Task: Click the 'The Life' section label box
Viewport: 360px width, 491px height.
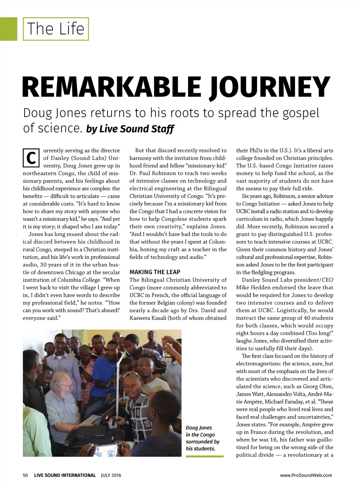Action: tap(56, 29)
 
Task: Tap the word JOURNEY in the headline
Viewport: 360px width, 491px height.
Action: tap(269, 87)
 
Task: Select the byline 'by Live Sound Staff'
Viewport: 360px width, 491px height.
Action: tap(130, 129)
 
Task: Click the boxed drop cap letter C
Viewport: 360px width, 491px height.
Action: tap(31, 158)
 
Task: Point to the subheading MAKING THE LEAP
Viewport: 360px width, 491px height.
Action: tap(155, 272)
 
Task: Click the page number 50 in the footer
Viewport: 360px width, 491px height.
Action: tap(25, 475)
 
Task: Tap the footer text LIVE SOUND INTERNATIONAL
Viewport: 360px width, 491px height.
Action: tap(65, 475)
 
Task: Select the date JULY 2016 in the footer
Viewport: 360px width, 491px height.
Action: tap(111, 475)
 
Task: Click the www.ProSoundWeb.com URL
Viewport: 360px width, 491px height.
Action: tap(306, 475)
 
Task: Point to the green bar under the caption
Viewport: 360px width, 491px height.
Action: tap(205, 456)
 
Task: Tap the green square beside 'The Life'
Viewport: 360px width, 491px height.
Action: tap(8, 29)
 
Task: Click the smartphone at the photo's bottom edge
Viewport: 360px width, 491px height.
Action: tap(109, 450)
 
